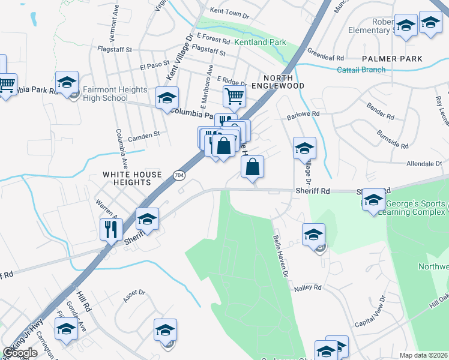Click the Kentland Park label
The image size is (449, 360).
pyautogui.click(x=260, y=43)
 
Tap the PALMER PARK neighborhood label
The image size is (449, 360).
pyautogui.click(x=392, y=59)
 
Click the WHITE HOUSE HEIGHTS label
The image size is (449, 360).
pyautogui.click(x=132, y=179)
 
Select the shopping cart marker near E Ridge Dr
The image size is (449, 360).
pyautogui.click(x=234, y=95)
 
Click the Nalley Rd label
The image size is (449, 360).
pyautogui.click(x=308, y=288)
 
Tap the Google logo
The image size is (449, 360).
pyautogui.click(x=20, y=353)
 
